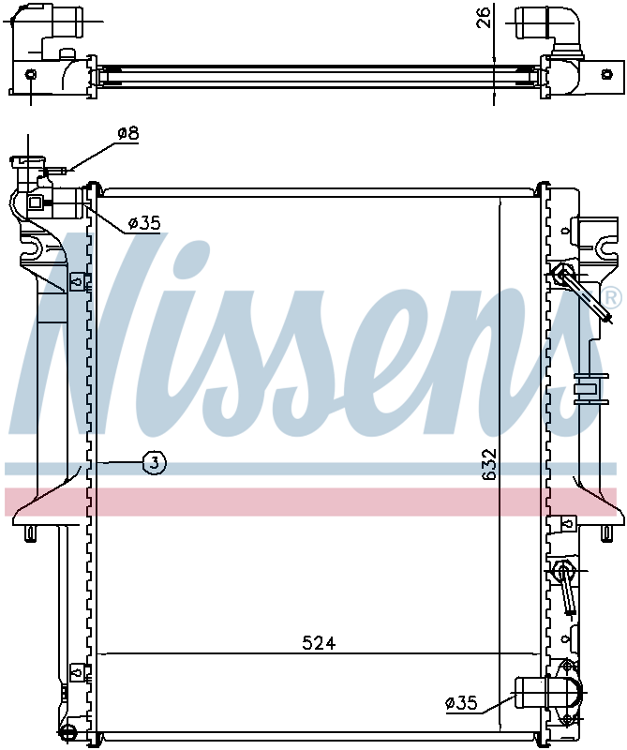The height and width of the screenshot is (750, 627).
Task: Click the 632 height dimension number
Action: tap(490, 464)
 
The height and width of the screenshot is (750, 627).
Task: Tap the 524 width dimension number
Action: tap(319, 643)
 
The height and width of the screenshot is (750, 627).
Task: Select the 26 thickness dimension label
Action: tap(484, 17)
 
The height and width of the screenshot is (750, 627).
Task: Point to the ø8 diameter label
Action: tap(128, 133)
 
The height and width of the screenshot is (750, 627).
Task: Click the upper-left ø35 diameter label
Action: tap(144, 223)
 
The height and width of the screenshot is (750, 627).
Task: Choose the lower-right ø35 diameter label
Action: tap(461, 702)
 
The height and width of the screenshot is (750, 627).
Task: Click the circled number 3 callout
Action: tap(154, 463)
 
